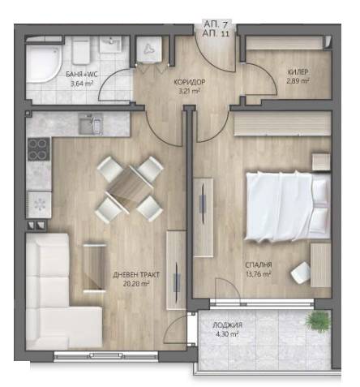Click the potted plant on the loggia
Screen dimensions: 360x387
(318, 321)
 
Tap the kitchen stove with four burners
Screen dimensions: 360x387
(39, 149)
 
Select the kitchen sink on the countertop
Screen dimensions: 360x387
(91, 124)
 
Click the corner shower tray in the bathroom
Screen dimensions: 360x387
(44, 64)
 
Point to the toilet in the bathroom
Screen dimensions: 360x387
(81, 50)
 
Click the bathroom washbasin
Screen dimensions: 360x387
(110, 45)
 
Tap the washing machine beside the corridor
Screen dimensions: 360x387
(148, 49)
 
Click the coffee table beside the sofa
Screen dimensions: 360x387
(94, 268)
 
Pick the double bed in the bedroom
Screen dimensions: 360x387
(288, 206)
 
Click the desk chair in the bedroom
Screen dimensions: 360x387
(301, 273)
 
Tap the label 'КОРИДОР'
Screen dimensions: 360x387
(189, 82)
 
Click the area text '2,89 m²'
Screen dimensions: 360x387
(298, 81)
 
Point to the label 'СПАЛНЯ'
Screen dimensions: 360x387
(259, 264)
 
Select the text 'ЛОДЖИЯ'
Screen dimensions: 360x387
(227, 325)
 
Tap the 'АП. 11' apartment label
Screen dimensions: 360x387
(216, 34)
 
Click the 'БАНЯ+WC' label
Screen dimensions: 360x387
(82, 74)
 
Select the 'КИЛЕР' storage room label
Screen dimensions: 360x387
(298, 72)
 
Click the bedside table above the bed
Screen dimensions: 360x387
(321, 162)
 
